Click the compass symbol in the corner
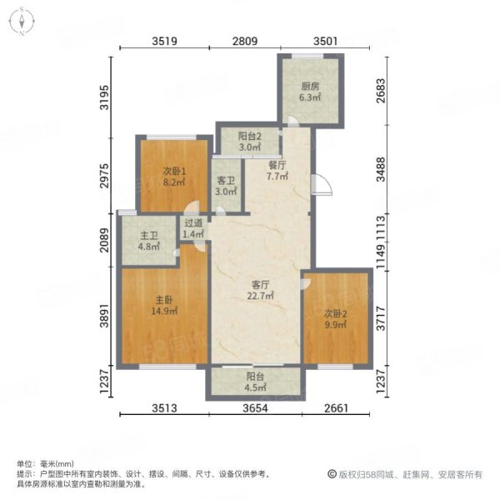pos(22,22)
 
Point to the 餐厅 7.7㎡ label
pos(277,170)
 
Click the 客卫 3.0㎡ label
pos(226,186)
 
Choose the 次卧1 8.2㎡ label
pos(174,177)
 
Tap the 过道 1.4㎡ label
pos(193,228)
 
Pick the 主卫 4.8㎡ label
pos(149,241)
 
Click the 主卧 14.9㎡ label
pos(164,305)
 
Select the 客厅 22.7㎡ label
pos(260,290)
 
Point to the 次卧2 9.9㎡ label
pos(335,319)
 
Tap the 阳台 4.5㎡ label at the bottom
pos(256,382)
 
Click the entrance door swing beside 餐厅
pos(322,184)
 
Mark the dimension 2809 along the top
pos(245,41)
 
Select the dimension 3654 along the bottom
pos(256,407)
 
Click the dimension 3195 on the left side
pos(104,97)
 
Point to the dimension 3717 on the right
pos(381,318)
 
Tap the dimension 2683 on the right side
pos(381,91)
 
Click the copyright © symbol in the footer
pos(332,474)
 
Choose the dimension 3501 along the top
pos(325,41)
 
